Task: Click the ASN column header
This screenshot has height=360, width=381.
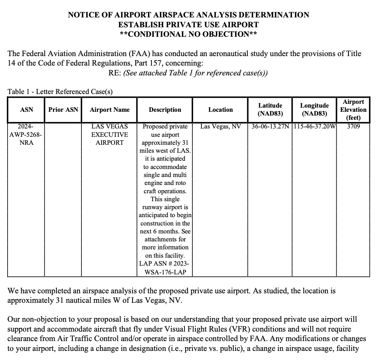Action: pos(26,110)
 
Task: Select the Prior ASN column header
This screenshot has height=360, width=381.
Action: pos(63,110)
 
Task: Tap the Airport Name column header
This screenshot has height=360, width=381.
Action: pos(109,110)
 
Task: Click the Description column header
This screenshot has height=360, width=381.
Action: pos(165,110)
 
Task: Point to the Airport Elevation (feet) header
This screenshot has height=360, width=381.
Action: pos(353,110)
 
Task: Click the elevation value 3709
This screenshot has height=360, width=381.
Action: pos(353,127)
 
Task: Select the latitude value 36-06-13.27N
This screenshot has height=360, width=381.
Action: pos(270,127)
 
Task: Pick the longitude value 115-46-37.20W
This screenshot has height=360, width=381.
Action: pos(315,127)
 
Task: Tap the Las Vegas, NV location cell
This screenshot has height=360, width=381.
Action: pos(220,127)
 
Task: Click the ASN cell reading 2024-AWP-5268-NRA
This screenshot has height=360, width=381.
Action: pos(26,135)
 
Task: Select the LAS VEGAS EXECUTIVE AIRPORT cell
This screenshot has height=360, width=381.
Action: pos(109,135)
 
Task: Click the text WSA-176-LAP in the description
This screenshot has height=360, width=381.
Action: pos(165,272)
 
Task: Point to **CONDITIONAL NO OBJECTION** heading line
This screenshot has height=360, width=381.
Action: pos(188,34)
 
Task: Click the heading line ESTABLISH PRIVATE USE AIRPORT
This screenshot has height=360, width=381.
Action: pos(188,25)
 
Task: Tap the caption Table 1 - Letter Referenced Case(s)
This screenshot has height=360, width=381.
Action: pos(60,91)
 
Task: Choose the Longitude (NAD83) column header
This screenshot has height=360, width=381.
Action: pos(315,110)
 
